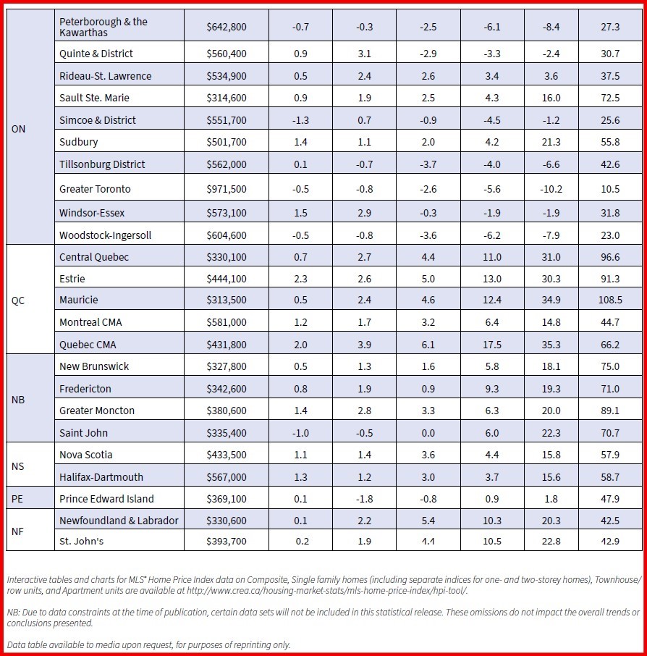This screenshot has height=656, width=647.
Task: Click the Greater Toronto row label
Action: tap(95, 189)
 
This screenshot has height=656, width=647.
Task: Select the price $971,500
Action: tap(226, 189)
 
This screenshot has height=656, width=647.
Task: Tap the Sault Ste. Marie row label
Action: tap(94, 98)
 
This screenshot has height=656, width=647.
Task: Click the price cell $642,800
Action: tap(226, 27)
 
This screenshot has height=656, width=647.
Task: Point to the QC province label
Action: tap(18, 300)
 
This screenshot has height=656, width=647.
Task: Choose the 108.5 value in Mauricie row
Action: tap(610, 300)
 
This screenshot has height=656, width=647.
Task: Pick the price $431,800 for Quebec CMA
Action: tap(226, 345)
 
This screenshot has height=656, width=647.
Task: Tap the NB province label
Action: tap(18, 399)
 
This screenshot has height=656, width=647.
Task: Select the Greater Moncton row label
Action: tap(96, 411)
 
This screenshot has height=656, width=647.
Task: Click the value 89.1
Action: tap(610, 411)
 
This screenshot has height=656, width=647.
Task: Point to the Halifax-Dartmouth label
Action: tap(101, 477)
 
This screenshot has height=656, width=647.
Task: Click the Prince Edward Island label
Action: tap(106, 499)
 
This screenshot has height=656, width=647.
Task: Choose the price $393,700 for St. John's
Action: tap(226, 542)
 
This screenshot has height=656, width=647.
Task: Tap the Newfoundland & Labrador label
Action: tap(119, 521)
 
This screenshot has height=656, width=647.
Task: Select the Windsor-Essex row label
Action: tap(92, 214)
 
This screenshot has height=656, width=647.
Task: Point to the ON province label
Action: tap(19, 130)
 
